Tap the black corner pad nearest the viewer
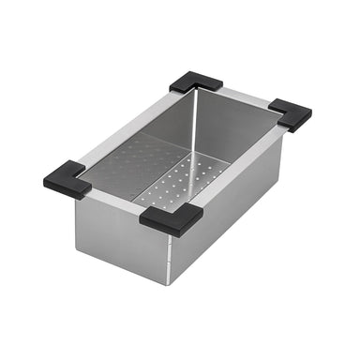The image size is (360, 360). point(172,218)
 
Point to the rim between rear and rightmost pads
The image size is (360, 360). point(246,97)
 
